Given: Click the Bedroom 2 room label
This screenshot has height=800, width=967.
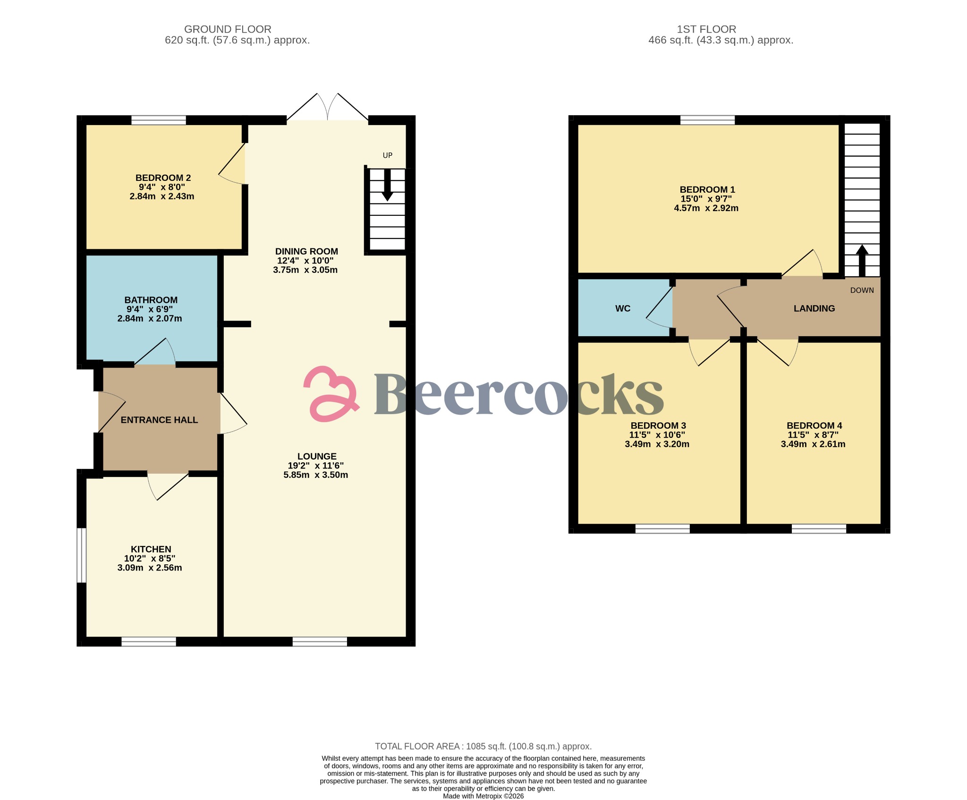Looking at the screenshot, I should (163, 178).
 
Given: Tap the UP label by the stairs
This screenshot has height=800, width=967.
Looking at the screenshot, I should (387, 155).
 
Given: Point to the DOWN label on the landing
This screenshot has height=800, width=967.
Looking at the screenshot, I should (862, 290).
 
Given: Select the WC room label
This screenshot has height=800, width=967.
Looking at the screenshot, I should (622, 308).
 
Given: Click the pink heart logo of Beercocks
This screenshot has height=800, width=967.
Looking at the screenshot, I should (331, 394).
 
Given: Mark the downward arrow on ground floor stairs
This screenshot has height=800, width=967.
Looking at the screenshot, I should (387, 186).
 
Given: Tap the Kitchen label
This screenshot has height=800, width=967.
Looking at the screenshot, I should (151, 549).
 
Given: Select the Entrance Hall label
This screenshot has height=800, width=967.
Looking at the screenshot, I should (159, 420).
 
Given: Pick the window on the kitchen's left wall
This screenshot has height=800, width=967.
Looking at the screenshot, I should (82, 555).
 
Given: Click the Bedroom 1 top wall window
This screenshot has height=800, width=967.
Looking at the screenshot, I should (707, 120).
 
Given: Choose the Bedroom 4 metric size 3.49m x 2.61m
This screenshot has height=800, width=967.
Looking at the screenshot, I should (813, 444).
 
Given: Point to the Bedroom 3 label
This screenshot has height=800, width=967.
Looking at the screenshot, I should (658, 426).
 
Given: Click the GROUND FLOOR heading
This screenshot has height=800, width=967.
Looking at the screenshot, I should (228, 29).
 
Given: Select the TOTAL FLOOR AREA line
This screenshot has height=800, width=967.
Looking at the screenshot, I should (483, 746).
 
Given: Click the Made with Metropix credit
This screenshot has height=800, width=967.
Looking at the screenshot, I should (483, 796).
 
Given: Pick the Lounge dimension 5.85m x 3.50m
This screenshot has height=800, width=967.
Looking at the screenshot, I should (315, 475).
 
